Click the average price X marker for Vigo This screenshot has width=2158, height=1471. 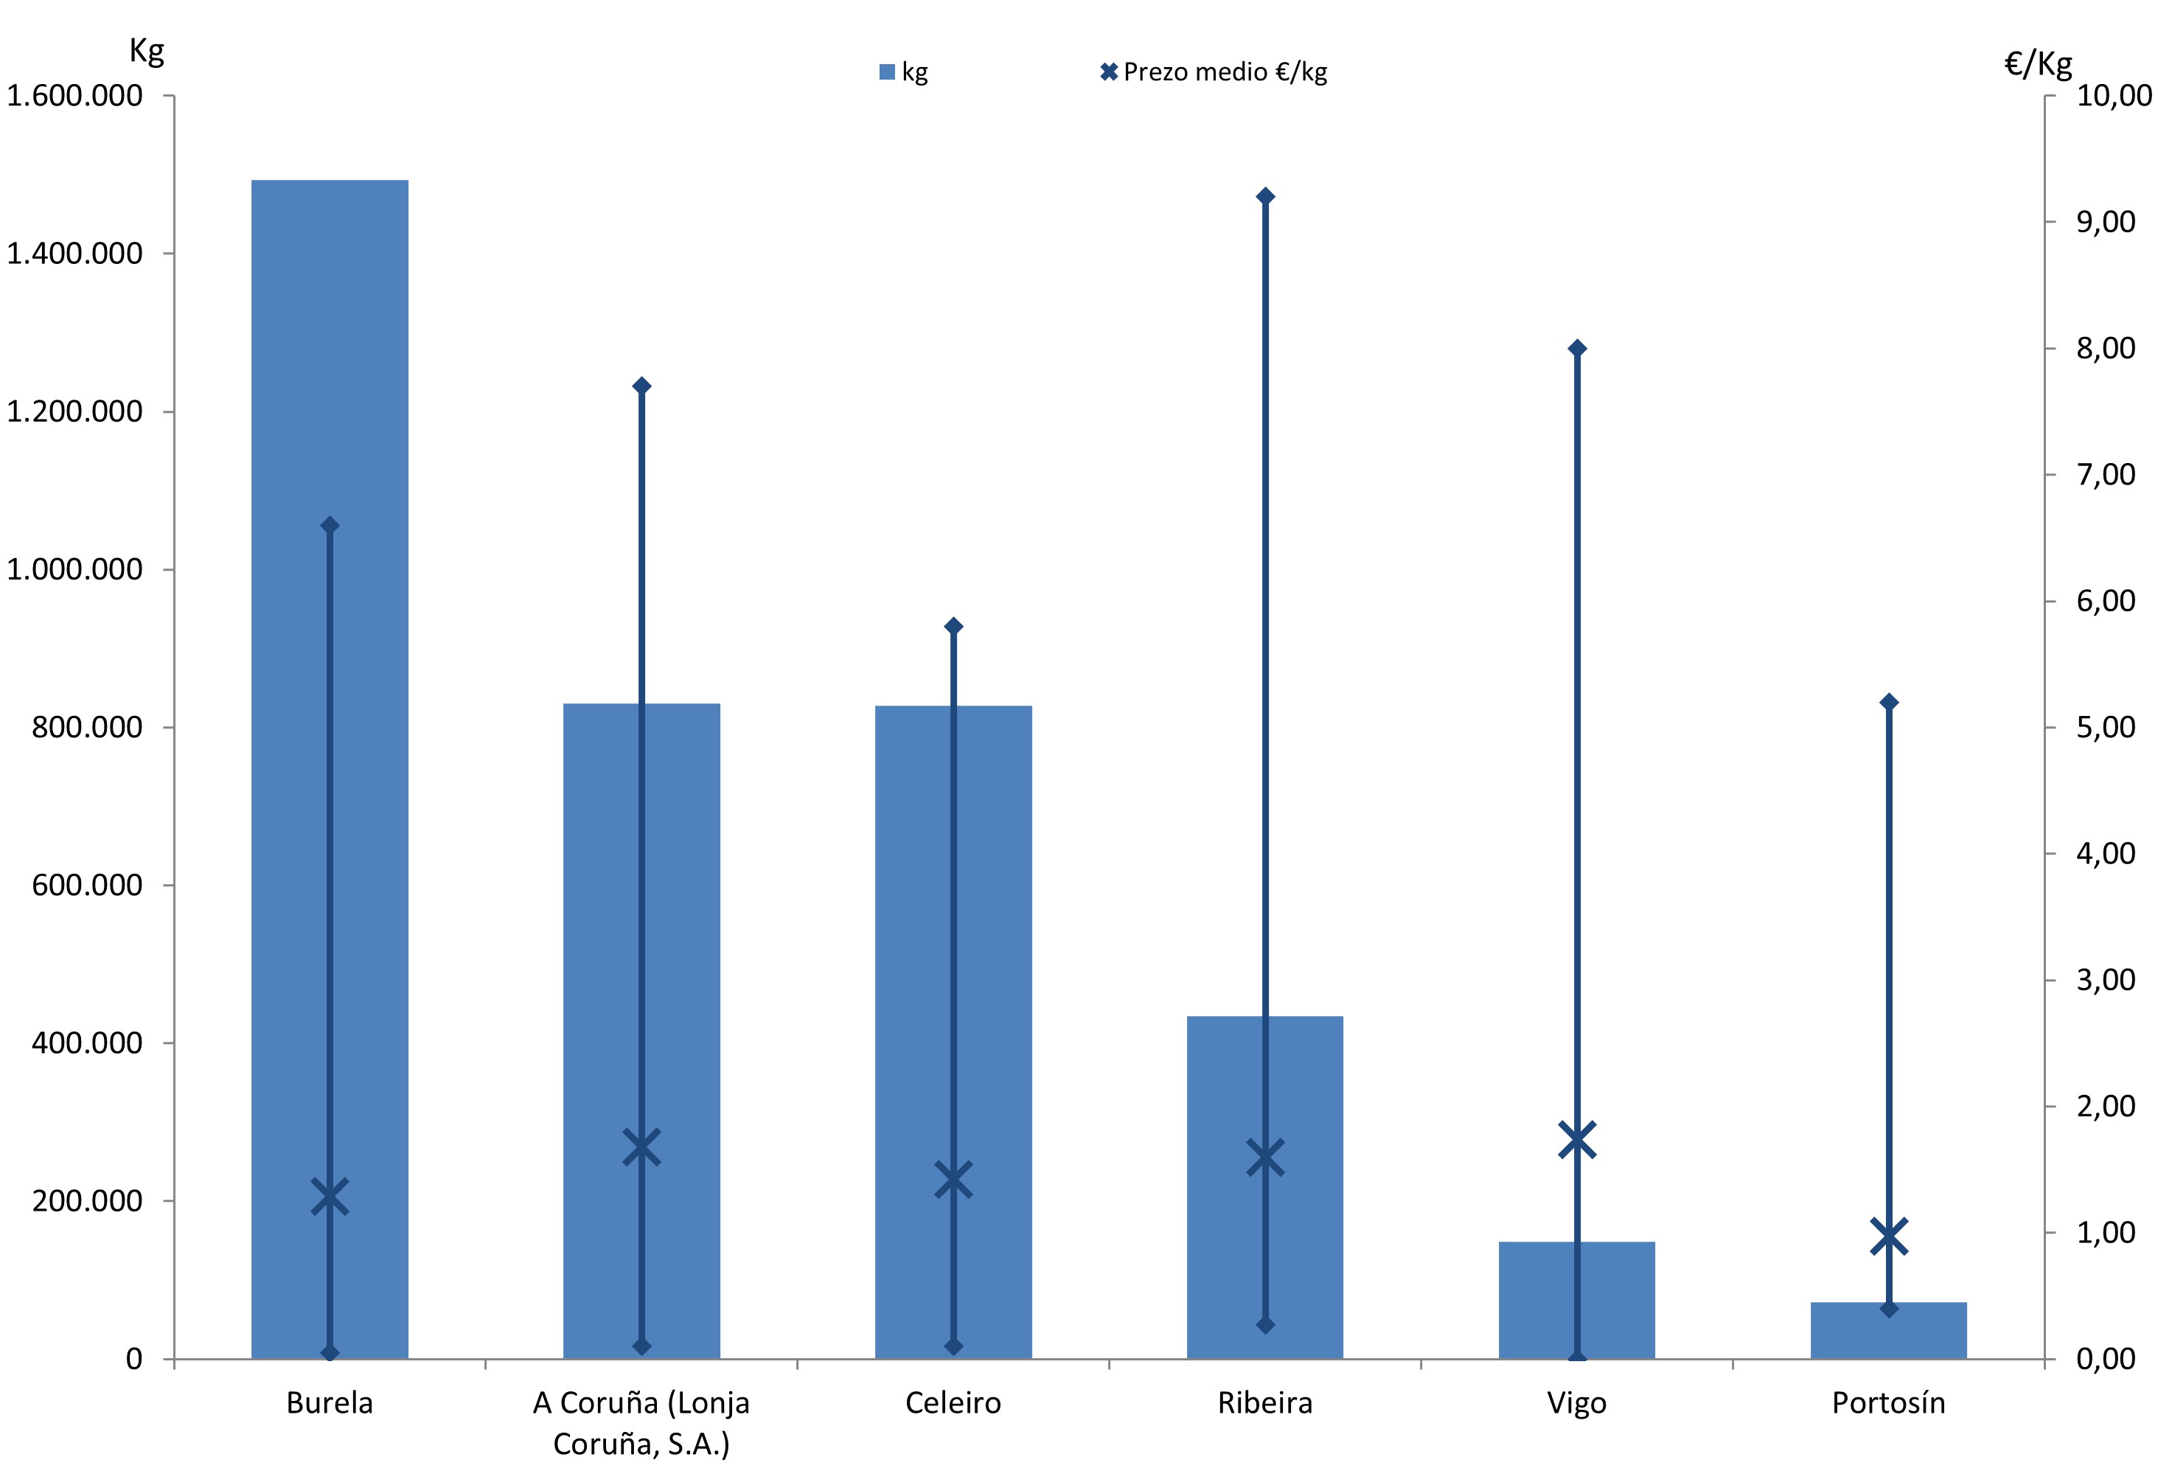point(1577,1141)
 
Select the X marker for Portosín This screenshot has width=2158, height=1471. point(1889,1237)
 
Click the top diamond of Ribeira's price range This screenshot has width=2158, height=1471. point(1264,196)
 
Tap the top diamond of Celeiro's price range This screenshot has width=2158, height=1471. point(953,626)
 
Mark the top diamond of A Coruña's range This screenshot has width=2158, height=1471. point(641,386)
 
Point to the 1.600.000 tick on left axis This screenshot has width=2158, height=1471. point(74,96)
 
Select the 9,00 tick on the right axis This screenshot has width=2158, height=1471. point(2105,222)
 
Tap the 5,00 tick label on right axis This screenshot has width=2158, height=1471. point(2105,727)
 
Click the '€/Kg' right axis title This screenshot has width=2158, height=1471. point(2039,63)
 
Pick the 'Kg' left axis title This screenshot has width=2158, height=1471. point(147,51)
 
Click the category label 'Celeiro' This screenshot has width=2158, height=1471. point(953,1402)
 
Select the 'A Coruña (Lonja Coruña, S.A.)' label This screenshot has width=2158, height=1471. point(641,1423)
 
